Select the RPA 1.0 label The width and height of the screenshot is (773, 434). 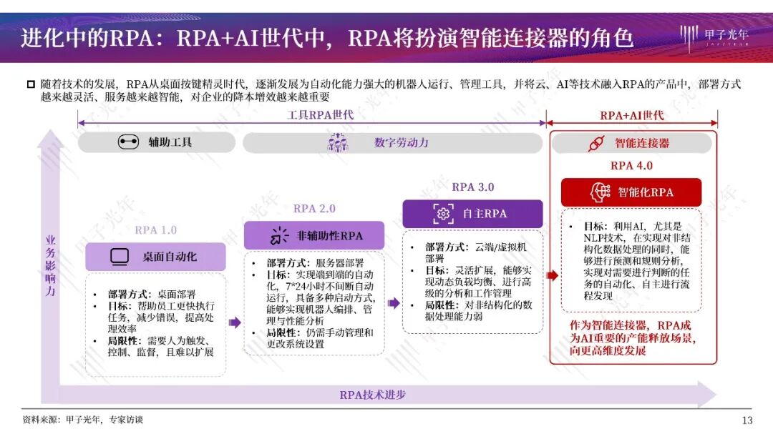click(155, 230)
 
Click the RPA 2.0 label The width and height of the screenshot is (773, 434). click(314, 209)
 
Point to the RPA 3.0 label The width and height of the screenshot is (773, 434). click(473, 187)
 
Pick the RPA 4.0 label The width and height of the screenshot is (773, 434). click(631, 165)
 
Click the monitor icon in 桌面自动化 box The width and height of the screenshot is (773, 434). click(120, 257)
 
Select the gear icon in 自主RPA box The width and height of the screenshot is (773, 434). click(443, 213)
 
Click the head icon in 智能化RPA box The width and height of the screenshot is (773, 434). click(599, 192)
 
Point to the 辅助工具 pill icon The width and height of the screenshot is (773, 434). click(128, 142)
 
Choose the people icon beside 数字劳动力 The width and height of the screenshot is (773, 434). click(337, 142)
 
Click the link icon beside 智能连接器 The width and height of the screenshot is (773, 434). click(596, 143)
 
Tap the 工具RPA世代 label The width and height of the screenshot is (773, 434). click(312, 115)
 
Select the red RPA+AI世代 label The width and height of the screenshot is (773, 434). click(632, 115)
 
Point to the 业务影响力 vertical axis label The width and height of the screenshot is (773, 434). click(50, 266)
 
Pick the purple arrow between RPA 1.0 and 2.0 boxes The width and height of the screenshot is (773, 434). click(235, 323)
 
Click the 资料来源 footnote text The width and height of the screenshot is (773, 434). click(83, 420)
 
